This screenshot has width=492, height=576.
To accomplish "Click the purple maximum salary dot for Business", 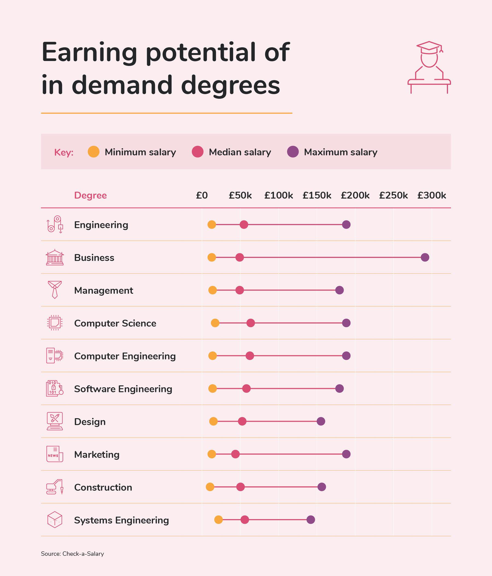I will [425, 257].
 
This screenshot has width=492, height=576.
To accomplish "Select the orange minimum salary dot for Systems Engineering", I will [218, 520].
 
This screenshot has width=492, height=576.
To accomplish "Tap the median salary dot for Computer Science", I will [251, 323].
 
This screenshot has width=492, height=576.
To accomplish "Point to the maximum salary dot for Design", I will [321, 421].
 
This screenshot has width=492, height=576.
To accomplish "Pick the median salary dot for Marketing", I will [235, 454].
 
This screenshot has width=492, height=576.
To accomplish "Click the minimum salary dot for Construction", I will [210, 487].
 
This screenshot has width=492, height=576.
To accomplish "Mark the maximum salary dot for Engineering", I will [346, 225].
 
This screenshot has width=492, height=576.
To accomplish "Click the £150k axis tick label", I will [317, 196].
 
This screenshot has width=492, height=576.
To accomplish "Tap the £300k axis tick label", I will [431, 196].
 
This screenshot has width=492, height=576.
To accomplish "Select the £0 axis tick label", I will [202, 196].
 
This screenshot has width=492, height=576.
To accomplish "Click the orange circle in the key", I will [94, 152].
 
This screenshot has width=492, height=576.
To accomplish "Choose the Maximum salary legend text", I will [341, 152].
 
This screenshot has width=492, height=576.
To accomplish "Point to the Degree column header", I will [90, 196].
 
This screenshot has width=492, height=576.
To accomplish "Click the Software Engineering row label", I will [123, 389].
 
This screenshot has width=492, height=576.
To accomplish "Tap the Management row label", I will [104, 290].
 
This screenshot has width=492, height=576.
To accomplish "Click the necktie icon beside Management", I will [55, 290].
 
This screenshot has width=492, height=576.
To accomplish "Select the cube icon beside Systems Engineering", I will [55, 520].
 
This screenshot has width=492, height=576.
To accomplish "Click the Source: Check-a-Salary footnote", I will [72, 554].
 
